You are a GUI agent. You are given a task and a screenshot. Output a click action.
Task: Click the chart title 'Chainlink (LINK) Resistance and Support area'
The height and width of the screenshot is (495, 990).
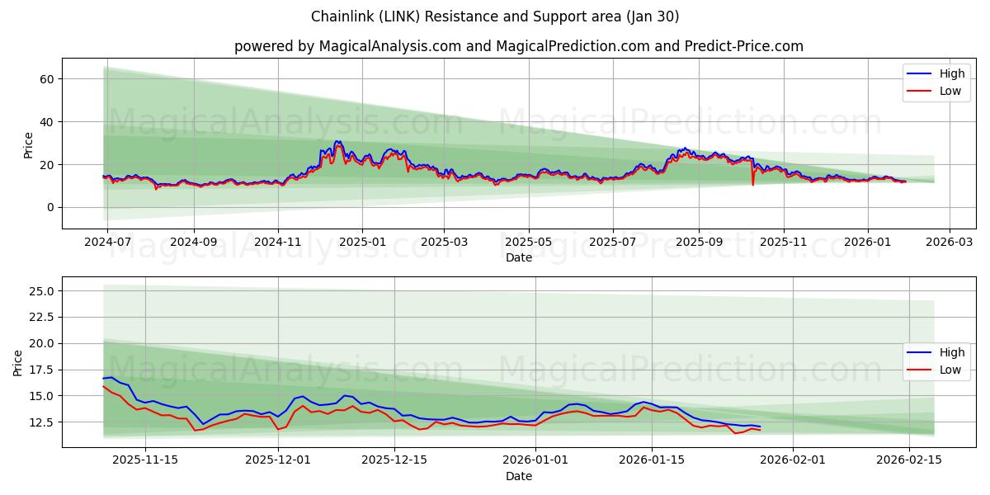[495, 16]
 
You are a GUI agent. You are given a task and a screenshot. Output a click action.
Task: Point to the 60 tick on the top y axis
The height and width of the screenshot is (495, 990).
[47, 79]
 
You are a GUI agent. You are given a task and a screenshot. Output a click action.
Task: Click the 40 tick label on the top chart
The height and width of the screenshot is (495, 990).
[47, 122]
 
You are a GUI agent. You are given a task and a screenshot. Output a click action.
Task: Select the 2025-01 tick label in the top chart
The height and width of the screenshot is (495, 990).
[363, 243]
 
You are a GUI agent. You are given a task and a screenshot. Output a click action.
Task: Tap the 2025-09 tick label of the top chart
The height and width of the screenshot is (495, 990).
[699, 243]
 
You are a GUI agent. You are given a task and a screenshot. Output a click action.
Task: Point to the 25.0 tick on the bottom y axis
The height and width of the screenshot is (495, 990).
[41, 291]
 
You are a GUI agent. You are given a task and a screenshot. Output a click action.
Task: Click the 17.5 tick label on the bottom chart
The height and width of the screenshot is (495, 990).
[41, 370]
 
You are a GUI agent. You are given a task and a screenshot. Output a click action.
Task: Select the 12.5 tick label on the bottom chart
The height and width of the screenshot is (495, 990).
[41, 422]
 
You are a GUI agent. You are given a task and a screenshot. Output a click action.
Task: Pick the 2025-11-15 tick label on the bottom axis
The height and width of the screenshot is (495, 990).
[145, 460]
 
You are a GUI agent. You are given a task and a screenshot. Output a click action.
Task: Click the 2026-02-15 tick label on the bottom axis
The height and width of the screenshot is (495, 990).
[909, 460]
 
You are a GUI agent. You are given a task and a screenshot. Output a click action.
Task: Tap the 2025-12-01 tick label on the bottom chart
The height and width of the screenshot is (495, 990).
[278, 460]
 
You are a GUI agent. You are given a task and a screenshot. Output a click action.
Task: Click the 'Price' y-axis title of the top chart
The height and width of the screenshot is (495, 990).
[29, 145]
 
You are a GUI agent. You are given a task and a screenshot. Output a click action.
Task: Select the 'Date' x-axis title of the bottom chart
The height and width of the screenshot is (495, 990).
[518, 476]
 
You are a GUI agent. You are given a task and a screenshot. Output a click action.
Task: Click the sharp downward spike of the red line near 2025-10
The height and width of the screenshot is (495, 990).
[752, 183]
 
